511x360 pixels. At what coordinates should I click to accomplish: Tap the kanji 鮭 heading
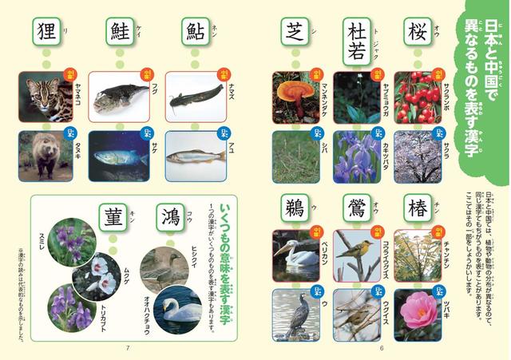click(120, 33)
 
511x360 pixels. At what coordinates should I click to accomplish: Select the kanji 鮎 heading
click(196, 33)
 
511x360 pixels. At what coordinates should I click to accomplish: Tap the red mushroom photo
click(295, 96)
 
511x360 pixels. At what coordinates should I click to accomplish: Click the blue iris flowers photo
click(356, 155)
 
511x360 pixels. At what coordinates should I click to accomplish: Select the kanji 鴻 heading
click(170, 217)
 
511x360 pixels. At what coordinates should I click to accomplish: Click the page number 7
click(127, 346)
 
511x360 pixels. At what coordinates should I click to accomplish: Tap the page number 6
click(382, 346)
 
